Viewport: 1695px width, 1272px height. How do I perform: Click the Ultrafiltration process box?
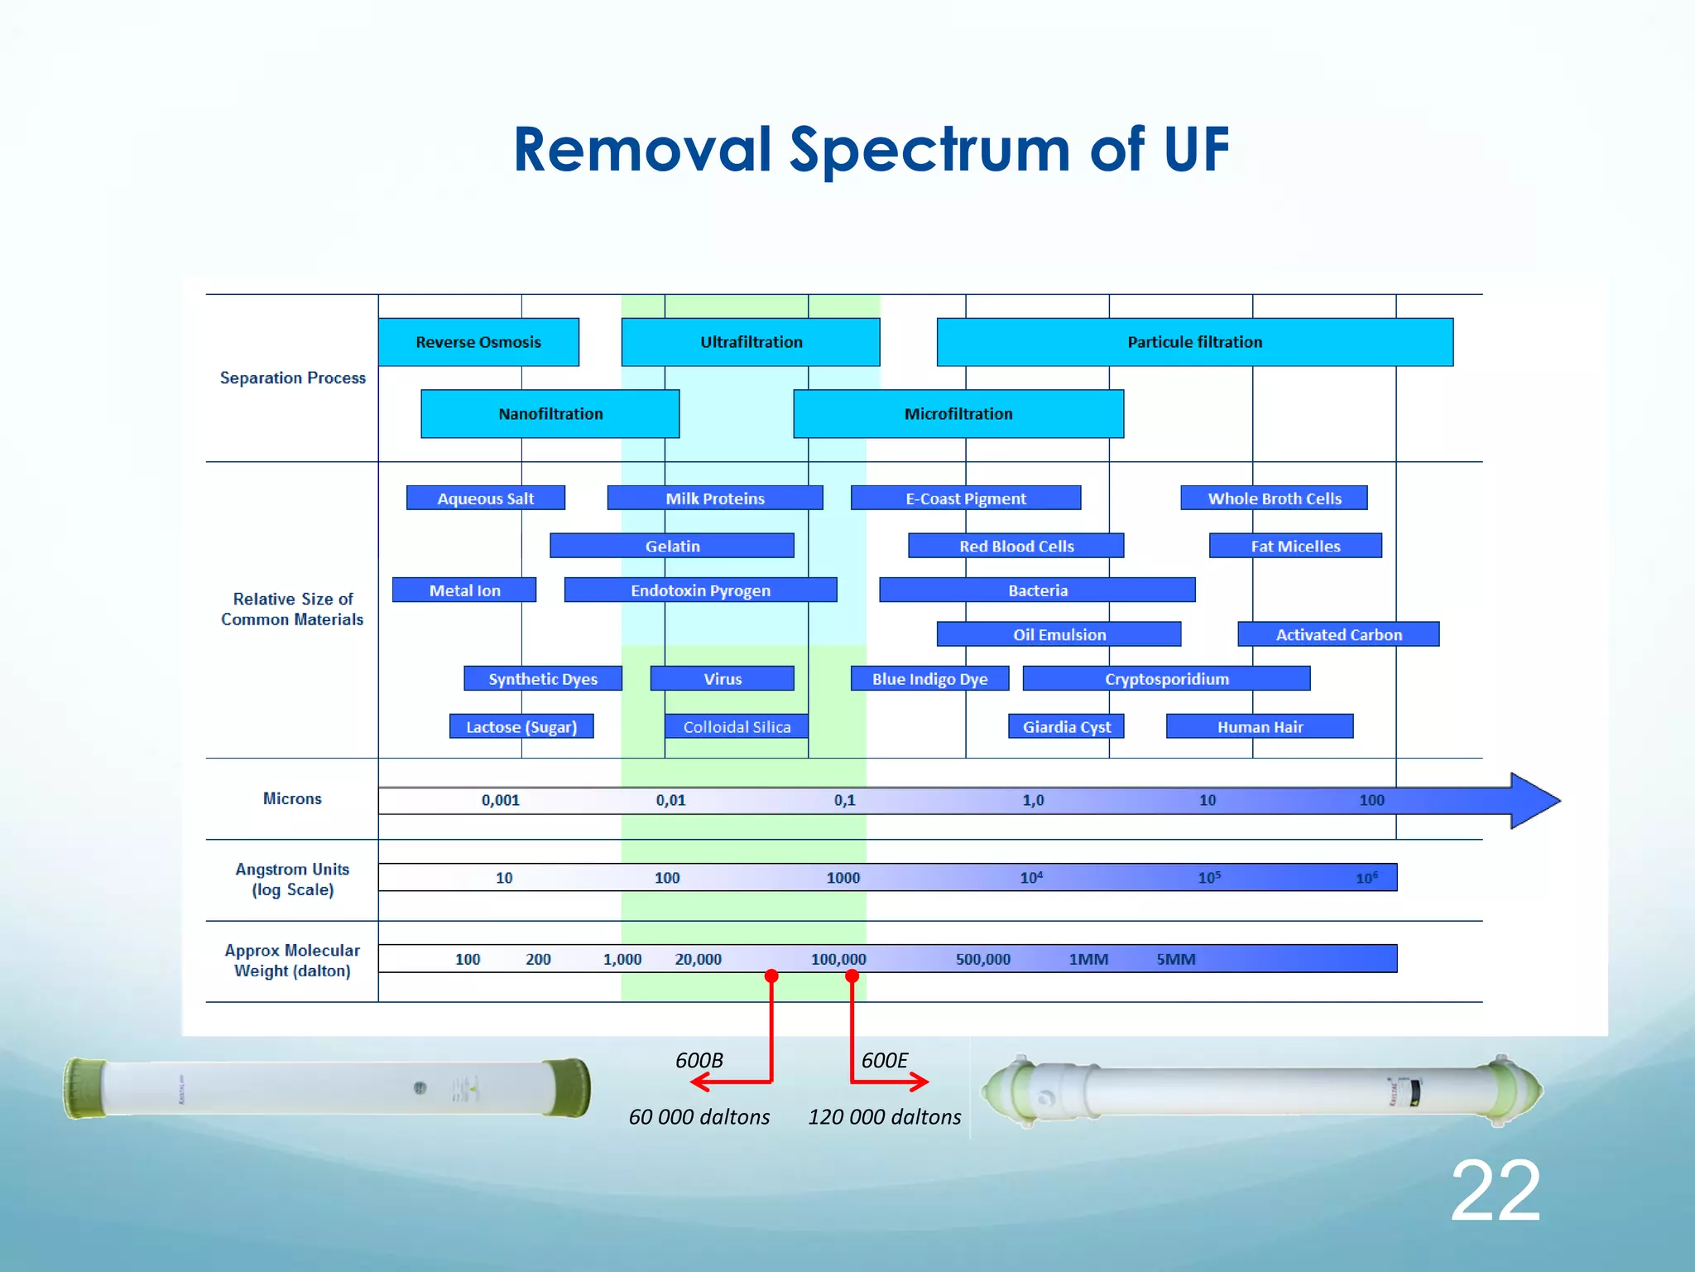751,342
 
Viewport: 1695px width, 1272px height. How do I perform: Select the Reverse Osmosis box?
478,342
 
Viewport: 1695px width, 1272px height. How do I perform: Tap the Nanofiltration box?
550,414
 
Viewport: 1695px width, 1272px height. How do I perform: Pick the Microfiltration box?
958,414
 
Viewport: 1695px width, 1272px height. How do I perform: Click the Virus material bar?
723,679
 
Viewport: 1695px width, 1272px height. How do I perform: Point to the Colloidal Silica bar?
737,727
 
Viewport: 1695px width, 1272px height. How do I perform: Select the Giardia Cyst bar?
1066,727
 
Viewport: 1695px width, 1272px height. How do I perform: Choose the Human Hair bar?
1260,727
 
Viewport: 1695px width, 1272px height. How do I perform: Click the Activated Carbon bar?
1338,635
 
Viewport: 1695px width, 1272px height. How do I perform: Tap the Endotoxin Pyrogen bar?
700,590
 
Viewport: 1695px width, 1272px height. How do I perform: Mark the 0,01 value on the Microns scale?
670,801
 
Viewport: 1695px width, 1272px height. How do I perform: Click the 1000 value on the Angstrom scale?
843,878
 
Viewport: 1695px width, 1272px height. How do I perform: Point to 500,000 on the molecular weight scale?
982,960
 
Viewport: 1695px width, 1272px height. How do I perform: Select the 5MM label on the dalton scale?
1175,960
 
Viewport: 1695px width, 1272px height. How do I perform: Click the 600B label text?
699,1061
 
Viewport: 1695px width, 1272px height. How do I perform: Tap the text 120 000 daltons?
884,1117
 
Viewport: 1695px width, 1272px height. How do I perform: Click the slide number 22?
1495,1191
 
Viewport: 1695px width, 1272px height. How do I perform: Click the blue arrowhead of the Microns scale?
1533,801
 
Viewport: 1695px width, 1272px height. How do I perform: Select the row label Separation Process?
292,378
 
